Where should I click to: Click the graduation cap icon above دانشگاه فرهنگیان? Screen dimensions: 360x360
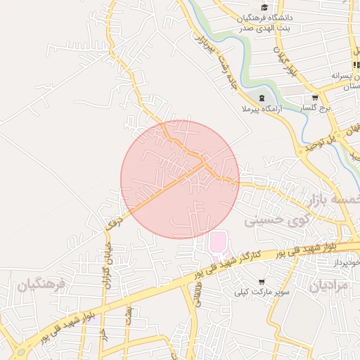[264, 7]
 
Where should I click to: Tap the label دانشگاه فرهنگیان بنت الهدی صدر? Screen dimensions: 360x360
[265, 22]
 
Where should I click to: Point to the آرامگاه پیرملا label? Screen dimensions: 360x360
[264, 109]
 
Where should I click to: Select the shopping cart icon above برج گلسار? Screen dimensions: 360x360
[314, 98]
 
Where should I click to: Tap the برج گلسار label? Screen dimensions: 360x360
[314, 108]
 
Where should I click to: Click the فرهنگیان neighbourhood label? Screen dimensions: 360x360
[41, 284]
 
